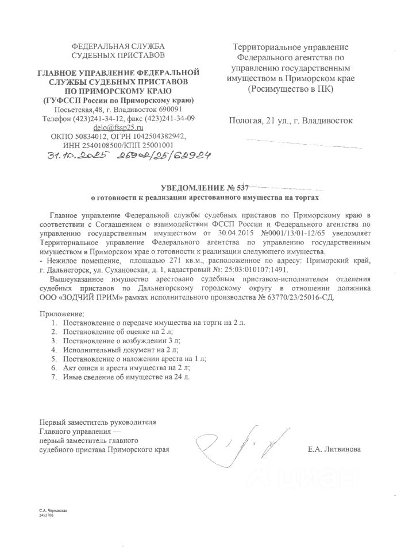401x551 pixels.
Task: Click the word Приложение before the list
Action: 61,315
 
